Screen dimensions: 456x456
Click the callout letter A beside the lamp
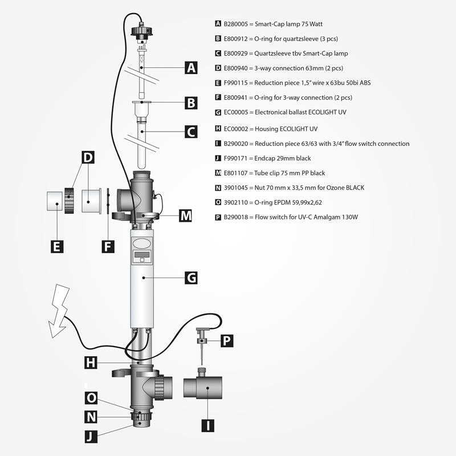pyautogui.click(x=191, y=68)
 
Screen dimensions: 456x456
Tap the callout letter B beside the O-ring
pyautogui.click(x=191, y=103)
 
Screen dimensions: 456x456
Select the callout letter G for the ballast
pyautogui.click(x=191, y=278)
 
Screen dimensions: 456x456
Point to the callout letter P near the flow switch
pyautogui.click(x=227, y=340)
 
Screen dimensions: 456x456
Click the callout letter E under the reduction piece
pyautogui.click(x=57, y=247)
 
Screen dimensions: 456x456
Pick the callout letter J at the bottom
pyautogui.click(x=91, y=437)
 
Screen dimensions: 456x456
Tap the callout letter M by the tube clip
pyautogui.click(x=185, y=216)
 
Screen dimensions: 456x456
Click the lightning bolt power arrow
pyautogui.click(x=59, y=311)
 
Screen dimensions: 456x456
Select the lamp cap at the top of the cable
pyautogui.click(x=141, y=32)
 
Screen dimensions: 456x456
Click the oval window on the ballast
pyautogui.click(x=142, y=243)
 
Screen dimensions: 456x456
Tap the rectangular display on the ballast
pyautogui.click(x=142, y=255)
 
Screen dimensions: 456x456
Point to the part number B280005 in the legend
pyautogui.click(x=235, y=24)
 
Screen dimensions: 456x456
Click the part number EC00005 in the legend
pyautogui.click(x=236, y=112)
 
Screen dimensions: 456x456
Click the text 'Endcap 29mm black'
pyautogui.click(x=282, y=158)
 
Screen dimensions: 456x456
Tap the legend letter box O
pyautogui.click(x=218, y=202)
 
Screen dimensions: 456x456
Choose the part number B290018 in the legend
pyautogui.click(x=235, y=217)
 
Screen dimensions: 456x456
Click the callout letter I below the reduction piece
pyautogui.click(x=207, y=426)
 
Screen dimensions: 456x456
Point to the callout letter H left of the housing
pyautogui.click(x=91, y=363)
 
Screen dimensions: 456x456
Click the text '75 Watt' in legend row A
pyautogui.click(x=312, y=24)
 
